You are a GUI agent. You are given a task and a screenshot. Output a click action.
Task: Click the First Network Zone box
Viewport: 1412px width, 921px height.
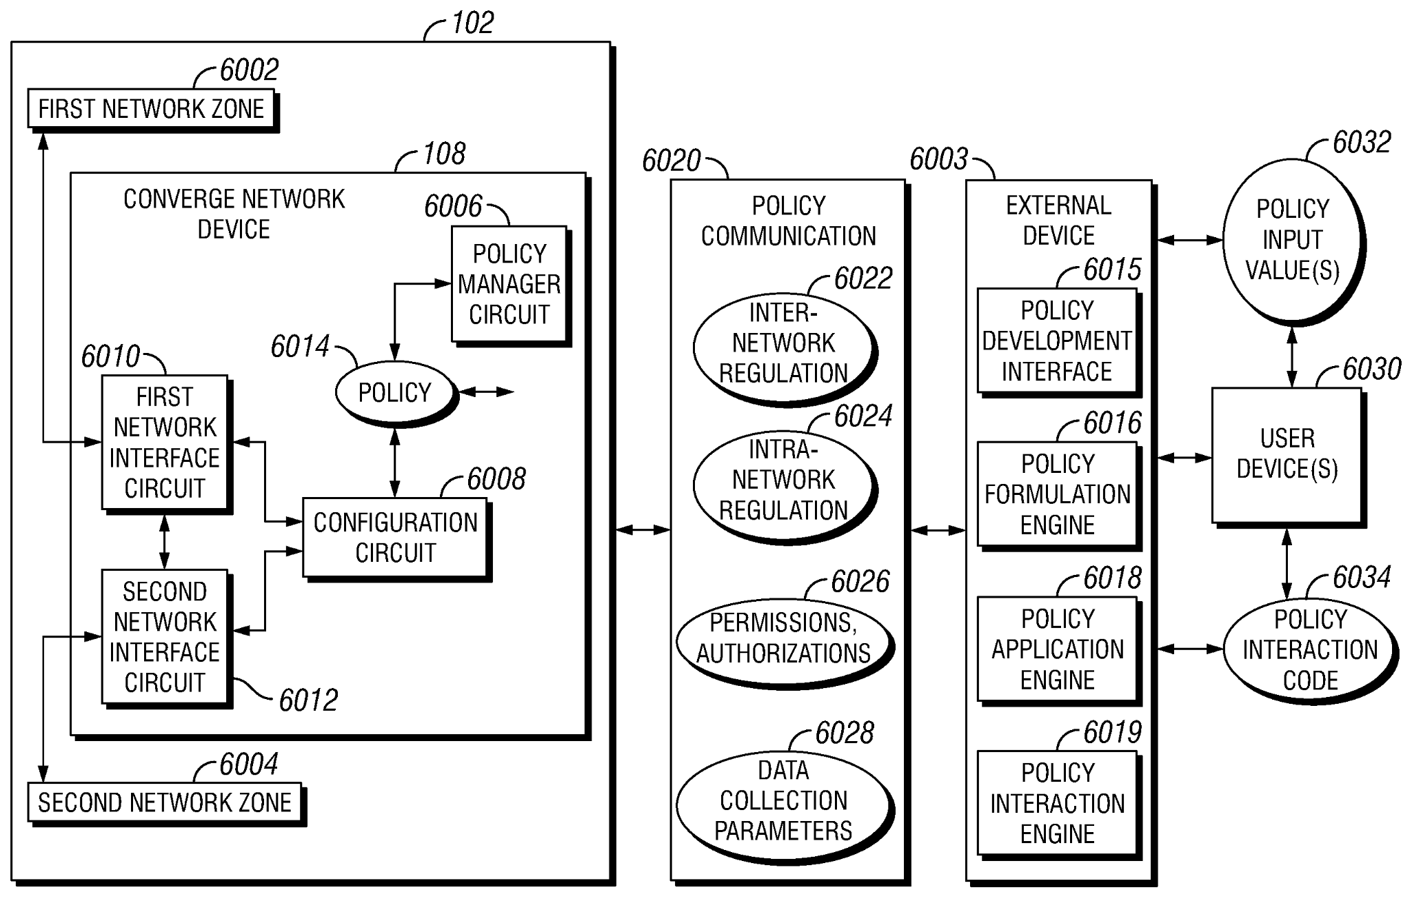[x=150, y=109]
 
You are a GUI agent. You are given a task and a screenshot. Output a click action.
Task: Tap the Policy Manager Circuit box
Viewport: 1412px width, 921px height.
[x=509, y=284]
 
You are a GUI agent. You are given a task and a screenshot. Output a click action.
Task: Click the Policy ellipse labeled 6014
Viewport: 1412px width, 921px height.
[x=394, y=392]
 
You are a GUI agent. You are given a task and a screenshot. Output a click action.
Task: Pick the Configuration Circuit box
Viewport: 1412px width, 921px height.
[x=395, y=537]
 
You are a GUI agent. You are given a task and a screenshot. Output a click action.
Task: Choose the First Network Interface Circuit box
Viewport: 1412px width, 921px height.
[x=164, y=443]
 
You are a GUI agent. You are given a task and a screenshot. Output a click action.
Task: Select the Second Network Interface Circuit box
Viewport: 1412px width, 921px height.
[x=164, y=637]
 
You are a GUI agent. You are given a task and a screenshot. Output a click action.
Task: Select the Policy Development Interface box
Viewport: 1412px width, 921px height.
[x=1056, y=341]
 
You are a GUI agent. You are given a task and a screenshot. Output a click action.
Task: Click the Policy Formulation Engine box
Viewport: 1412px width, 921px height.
[x=1056, y=494]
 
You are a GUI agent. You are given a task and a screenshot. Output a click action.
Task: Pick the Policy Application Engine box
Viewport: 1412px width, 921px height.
[x=1056, y=649]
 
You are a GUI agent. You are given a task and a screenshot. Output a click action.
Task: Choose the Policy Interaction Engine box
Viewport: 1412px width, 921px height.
[x=1056, y=804]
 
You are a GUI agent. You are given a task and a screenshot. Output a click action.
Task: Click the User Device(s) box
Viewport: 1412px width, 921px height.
[x=1287, y=454]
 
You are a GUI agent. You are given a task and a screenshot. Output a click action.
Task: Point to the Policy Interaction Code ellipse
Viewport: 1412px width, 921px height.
[x=1309, y=649]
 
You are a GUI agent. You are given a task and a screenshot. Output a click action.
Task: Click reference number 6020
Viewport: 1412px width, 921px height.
[x=671, y=161]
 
